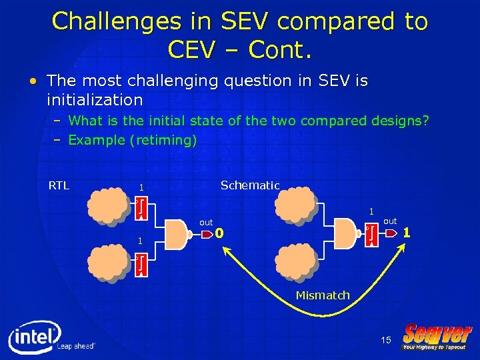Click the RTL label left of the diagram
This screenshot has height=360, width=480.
click(x=59, y=185)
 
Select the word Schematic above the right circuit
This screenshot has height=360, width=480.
click(x=250, y=185)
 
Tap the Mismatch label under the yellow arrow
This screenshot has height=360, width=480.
click(x=323, y=295)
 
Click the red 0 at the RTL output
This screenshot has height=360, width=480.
click(x=219, y=233)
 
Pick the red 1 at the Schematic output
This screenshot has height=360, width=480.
click(x=407, y=233)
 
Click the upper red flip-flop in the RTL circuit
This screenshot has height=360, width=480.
click(x=141, y=208)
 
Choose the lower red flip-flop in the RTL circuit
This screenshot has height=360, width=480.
click(x=141, y=265)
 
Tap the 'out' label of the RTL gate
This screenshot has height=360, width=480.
click(x=206, y=222)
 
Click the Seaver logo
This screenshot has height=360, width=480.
click(x=437, y=337)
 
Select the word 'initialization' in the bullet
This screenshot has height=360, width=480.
click(x=95, y=100)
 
